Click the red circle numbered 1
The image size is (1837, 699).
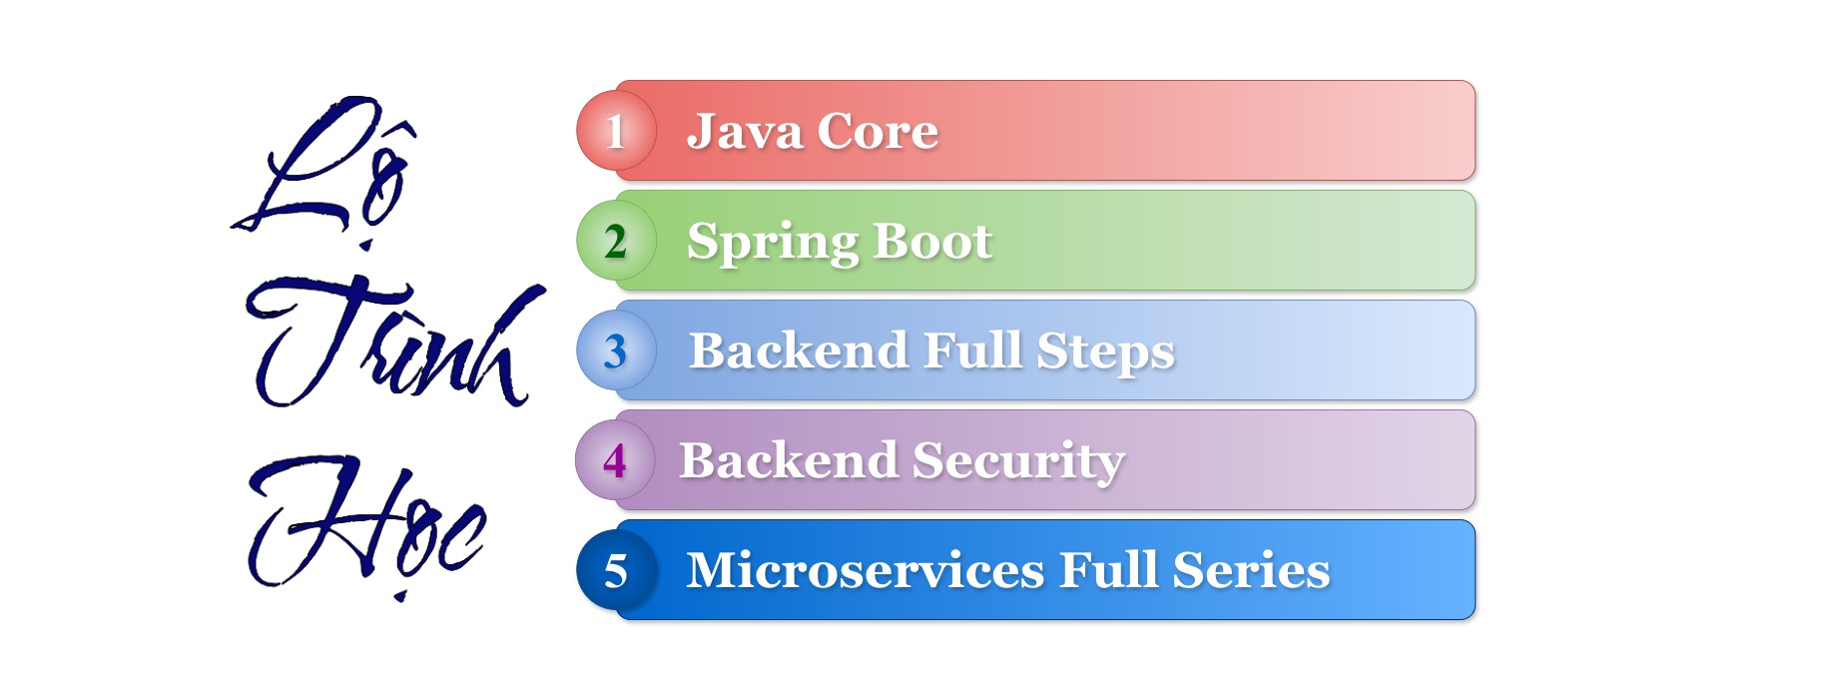pyautogui.click(x=616, y=131)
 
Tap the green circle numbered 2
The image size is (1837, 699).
pyautogui.click(x=616, y=241)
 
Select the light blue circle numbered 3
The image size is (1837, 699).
pyautogui.click(x=616, y=350)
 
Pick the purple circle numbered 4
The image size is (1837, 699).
pyautogui.click(x=615, y=460)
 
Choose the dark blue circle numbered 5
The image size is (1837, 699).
pyautogui.click(x=616, y=570)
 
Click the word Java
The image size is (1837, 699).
pyautogui.click(x=744, y=132)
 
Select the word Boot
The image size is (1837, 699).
pyautogui.click(x=932, y=241)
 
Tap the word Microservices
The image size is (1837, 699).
pyautogui.click(x=866, y=570)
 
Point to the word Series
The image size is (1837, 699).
pyautogui.click(x=1251, y=570)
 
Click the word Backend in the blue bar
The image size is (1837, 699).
pyautogui.click(x=799, y=350)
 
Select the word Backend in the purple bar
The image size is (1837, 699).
pyautogui.click(x=789, y=460)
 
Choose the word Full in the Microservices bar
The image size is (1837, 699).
pyautogui.click(x=1108, y=570)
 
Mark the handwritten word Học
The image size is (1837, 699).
pyautogui.click(x=365, y=525)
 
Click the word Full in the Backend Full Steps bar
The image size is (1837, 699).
pyautogui.click(x=972, y=350)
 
